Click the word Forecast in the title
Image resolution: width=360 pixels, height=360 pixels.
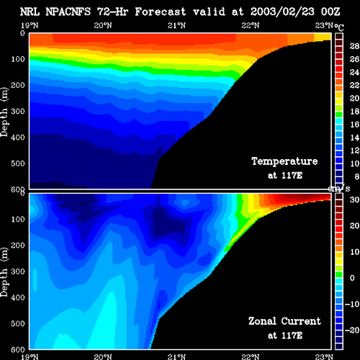click(161, 12)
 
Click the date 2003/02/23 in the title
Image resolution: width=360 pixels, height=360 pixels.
click(282, 12)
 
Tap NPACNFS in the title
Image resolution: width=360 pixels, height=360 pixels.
click(68, 12)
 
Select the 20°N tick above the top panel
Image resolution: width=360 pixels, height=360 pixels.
click(103, 25)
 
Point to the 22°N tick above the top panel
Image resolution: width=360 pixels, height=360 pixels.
click(251, 25)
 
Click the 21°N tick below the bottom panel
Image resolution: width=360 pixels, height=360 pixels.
click(176, 356)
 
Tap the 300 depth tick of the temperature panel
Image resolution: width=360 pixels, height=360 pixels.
click(18, 112)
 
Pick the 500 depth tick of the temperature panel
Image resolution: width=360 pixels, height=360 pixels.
click(18, 163)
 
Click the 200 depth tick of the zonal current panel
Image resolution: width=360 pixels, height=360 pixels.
click(18, 246)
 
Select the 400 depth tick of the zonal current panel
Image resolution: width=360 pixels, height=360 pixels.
click(18, 297)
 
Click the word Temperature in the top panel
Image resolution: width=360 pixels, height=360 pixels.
click(284, 161)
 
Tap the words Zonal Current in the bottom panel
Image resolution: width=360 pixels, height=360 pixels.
click(284, 321)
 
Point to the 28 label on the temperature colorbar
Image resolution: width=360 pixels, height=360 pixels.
click(354, 46)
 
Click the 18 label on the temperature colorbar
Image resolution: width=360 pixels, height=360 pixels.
click(354, 112)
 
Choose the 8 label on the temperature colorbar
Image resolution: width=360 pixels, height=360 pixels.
click(357, 176)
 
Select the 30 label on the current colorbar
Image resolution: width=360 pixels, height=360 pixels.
click(354, 199)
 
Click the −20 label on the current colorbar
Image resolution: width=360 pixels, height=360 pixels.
click(352, 330)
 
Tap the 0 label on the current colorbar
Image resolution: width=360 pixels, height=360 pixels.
click(352, 278)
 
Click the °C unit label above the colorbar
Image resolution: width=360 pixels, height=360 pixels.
click(339, 27)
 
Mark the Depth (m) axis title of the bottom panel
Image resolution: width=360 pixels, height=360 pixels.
click(4, 272)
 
